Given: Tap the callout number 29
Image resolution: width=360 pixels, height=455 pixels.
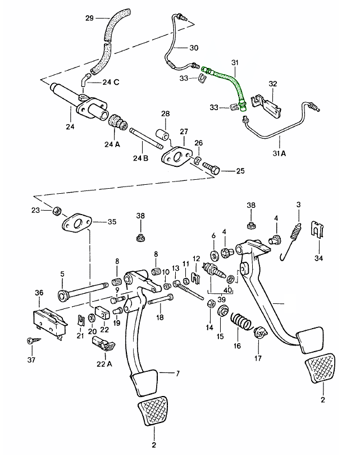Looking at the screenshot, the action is (x=89, y=19).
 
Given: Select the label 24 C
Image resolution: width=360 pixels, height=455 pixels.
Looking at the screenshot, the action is (x=111, y=82).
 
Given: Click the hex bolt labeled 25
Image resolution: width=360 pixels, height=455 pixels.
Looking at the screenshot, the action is (x=212, y=168).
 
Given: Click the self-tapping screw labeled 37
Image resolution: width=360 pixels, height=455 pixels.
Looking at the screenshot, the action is (x=33, y=340).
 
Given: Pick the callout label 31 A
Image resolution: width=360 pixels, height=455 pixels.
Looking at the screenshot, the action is (x=279, y=153).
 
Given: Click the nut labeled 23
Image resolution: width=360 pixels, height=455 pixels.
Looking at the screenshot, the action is (x=56, y=211).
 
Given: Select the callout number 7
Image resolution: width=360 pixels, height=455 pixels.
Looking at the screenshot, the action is (x=177, y=373).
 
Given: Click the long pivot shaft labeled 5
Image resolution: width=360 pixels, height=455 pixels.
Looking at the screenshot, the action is (x=83, y=292).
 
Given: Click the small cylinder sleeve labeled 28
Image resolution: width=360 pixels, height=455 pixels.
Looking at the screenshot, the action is (x=162, y=135).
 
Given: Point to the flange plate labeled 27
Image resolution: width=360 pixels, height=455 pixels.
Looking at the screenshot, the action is (x=177, y=157).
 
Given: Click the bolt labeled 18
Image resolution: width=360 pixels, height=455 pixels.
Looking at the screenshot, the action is (x=161, y=300).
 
